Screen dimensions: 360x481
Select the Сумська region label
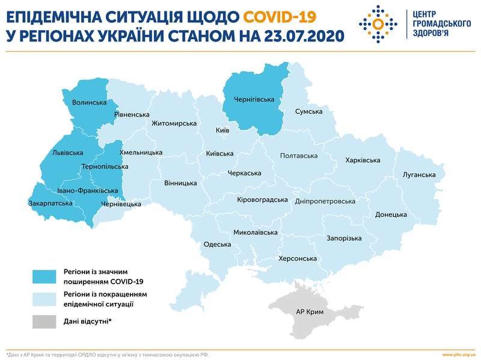click(x=308, y=112)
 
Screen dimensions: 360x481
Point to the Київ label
click(x=222, y=130)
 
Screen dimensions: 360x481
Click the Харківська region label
click(x=363, y=160)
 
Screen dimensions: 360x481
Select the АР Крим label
click(x=310, y=313)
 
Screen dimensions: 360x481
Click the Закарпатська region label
click(x=51, y=203)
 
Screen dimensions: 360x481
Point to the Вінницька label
click(x=180, y=182)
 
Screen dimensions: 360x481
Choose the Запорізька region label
click(x=344, y=238)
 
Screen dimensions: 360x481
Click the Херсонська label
click(x=298, y=259)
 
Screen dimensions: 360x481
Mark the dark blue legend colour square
click(x=44, y=276)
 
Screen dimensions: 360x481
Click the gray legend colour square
click(x=44, y=322)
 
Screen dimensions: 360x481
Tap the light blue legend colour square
click(x=44, y=299)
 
